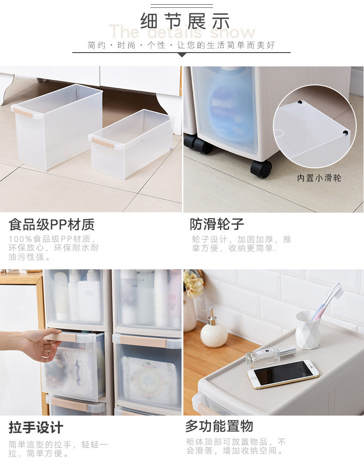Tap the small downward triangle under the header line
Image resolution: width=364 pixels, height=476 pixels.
point(182,54)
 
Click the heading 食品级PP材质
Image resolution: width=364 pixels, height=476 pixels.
point(52,224)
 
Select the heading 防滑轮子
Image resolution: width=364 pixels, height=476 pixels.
point(217,224)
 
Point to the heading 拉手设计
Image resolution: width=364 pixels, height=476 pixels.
point(36,428)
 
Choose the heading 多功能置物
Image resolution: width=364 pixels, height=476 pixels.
point(219,426)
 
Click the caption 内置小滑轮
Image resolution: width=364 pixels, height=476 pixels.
point(319,178)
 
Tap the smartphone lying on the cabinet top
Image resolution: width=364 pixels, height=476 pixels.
point(283,374)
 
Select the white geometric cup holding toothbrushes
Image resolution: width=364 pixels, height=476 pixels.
point(308,330)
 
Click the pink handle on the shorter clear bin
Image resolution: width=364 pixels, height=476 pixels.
point(103,143)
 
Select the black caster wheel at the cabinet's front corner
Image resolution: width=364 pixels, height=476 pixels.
point(261,168)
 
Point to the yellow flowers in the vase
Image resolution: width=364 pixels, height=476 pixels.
point(194,284)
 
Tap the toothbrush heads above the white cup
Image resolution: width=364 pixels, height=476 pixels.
point(335,291)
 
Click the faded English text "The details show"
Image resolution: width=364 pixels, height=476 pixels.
point(182,31)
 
